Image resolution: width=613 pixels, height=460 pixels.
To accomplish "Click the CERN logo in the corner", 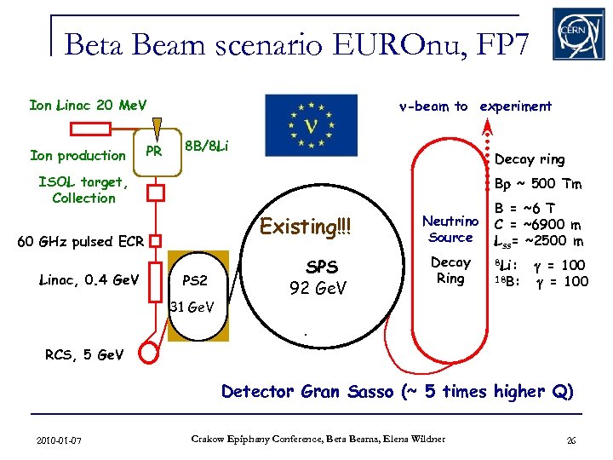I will click(x=578, y=33).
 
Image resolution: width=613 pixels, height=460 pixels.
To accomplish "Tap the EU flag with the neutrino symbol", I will click(x=311, y=125).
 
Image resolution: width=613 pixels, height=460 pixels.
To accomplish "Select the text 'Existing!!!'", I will click(x=305, y=227).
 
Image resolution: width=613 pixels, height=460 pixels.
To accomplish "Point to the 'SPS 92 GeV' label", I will click(x=318, y=277).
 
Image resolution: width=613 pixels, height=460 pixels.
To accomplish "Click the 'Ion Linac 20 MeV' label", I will click(x=88, y=106).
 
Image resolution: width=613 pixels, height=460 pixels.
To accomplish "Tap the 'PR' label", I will click(x=153, y=152).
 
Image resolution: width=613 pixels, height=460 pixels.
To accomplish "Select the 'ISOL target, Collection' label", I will click(x=83, y=190).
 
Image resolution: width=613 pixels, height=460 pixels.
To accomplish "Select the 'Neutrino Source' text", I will click(x=450, y=229).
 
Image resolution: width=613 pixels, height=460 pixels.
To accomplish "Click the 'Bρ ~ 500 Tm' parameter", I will click(x=538, y=185).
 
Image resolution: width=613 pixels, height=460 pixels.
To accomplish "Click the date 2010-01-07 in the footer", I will click(x=60, y=440).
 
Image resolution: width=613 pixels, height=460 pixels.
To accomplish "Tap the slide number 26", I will click(x=571, y=440).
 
